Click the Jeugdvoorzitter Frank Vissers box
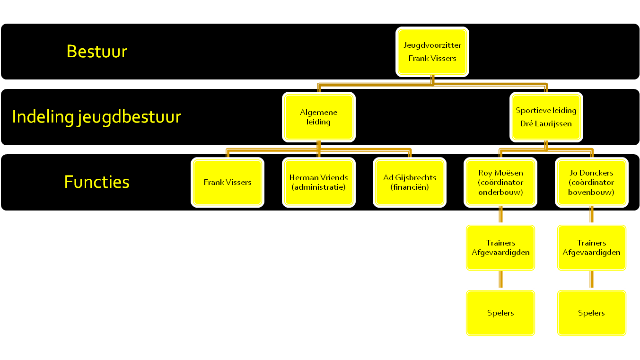432,52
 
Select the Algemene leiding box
319,117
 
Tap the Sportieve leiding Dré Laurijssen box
546,117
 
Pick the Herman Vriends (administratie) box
319,183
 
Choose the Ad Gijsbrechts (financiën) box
410,183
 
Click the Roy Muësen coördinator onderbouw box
500,183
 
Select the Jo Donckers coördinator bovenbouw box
591,183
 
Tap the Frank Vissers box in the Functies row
228,183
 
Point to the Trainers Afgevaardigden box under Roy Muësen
500,248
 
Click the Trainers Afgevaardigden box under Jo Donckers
591,248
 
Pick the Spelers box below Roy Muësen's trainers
500,313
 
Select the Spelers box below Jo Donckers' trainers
591,313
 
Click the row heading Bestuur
97,51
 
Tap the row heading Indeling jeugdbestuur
96,116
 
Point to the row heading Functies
97,182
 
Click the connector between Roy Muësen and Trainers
500,216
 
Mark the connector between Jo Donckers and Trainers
591,216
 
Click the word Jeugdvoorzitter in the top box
432,45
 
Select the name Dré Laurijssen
546,124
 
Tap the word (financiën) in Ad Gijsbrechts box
410,187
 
